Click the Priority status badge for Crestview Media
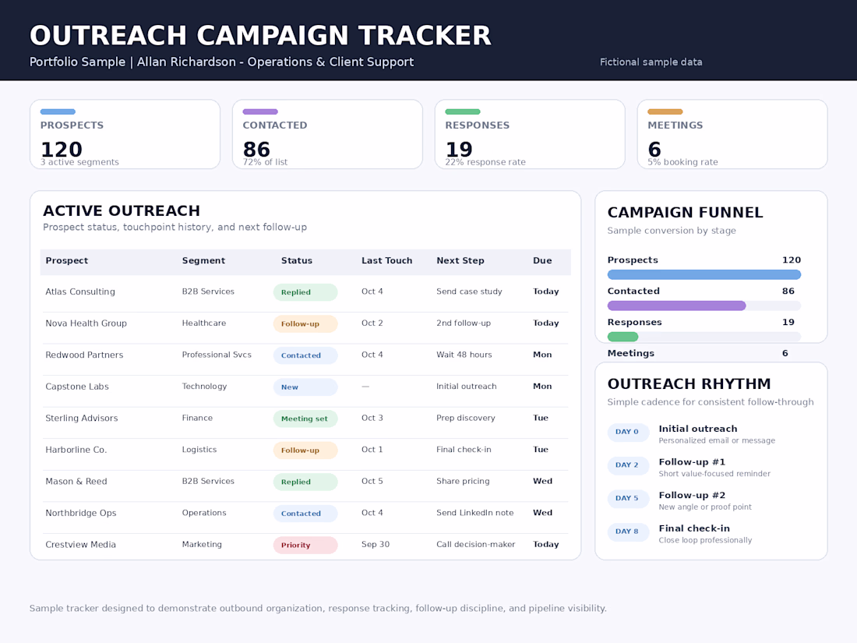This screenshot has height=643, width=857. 305,545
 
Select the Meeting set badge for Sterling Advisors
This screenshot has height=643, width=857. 305,419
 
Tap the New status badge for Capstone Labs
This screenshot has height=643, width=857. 305,387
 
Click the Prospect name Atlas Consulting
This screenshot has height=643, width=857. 80,292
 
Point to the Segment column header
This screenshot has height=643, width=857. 203,261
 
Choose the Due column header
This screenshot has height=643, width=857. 542,261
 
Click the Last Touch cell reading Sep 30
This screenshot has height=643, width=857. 376,545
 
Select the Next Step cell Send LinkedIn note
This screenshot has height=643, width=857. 475,513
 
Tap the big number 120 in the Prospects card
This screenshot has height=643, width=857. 62,150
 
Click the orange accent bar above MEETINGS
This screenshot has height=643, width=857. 665,111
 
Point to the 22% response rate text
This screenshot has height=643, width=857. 485,162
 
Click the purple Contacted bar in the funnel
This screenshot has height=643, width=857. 676,306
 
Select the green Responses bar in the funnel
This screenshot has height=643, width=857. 623,337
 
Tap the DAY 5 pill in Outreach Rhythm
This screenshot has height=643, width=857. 627,499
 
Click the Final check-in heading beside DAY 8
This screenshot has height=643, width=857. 694,528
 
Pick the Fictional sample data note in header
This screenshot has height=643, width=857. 651,62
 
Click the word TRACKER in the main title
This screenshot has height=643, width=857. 425,36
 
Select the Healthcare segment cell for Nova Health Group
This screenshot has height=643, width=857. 204,323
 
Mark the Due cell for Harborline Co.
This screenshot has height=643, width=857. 541,450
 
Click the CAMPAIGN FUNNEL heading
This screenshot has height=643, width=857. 685,213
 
